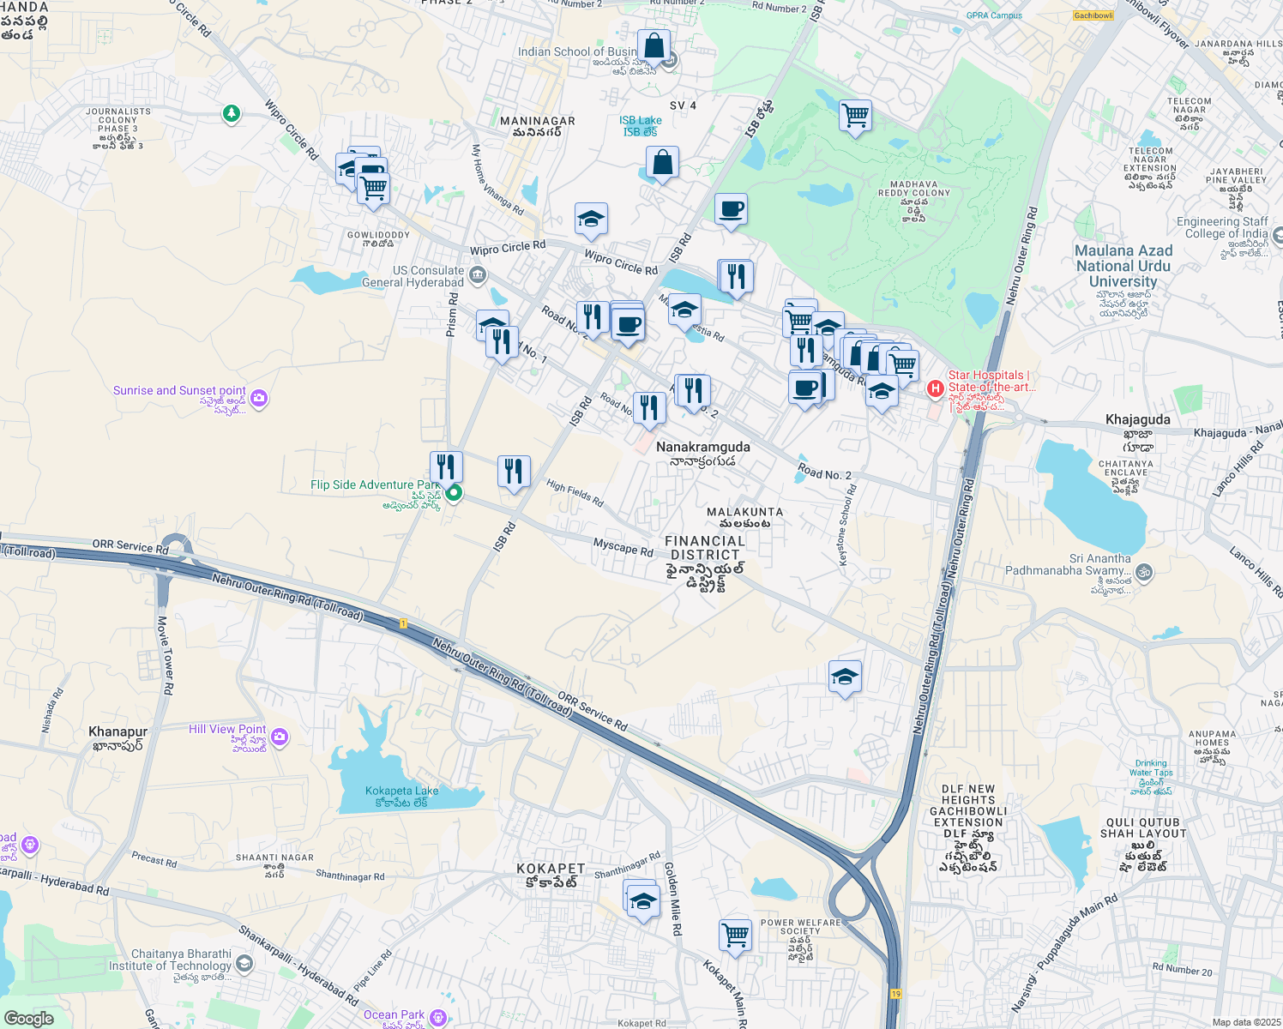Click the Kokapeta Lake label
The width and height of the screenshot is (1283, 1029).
pyautogui.click(x=401, y=791)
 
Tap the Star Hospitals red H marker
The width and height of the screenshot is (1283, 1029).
pyautogui.click(x=936, y=388)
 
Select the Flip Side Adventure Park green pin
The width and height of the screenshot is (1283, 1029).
pyautogui.click(x=454, y=492)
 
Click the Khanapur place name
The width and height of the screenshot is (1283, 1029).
pyautogui.click(x=118, y=732)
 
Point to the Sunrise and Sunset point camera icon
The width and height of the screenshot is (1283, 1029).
pyautogui.click(x=259, y=398)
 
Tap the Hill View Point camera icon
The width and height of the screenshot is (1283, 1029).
pyautogui.click(x=280, y=737)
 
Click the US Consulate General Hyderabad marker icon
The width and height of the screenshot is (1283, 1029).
pyautogui.click(x=479, y=275)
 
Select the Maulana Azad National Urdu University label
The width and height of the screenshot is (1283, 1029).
pyautogui.click(x=1123, y=266)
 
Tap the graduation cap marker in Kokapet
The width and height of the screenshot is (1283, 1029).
pyautogui.click(x=642, y=901)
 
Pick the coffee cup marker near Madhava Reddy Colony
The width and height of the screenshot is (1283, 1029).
pyautogui.click(x=731, y=209)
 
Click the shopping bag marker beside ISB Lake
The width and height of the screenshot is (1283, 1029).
pyautogui.click(x=662, y=162)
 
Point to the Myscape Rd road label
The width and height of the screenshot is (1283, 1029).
pyautogui.click(x=623, y=547)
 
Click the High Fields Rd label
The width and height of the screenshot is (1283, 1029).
pyautogui.click(x=575, y=493)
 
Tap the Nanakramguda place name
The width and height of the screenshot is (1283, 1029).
pyautogui.click(x=702, y=447)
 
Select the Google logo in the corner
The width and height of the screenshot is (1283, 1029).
pyautogui.click(x=28, y=1018)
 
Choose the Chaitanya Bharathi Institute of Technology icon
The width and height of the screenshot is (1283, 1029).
pyautogui.click(x=244, y=964)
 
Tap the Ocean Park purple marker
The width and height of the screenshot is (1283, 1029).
pyautogui.click(x=438, y=1017)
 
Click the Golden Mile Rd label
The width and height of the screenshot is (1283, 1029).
pyautogui.click(x=674, y=899)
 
